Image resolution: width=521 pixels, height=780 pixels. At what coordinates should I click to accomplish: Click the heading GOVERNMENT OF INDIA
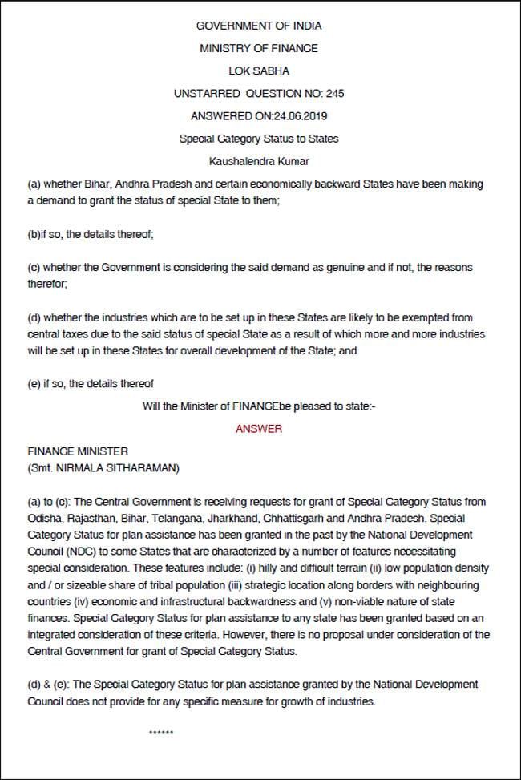259,26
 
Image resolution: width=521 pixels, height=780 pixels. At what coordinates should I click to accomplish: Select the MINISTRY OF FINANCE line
259,48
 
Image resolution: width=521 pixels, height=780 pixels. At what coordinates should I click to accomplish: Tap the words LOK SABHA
259,71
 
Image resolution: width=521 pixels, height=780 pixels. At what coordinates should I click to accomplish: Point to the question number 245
335,94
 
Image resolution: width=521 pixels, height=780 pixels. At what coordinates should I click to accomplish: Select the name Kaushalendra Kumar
259,161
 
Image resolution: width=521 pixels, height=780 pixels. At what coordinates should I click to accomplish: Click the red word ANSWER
259,429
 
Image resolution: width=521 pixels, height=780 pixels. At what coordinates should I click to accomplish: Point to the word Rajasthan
92,517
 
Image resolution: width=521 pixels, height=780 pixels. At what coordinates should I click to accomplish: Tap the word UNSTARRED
205,94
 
